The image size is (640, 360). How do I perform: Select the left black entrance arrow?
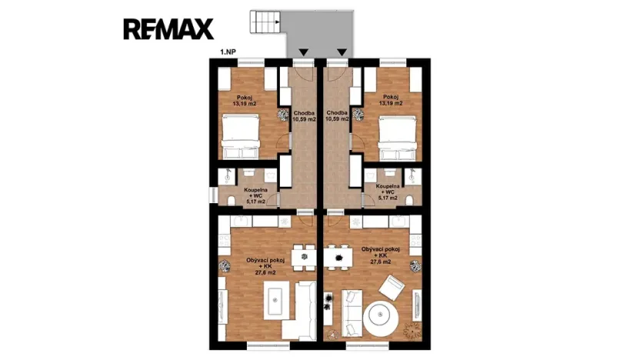(305, 53)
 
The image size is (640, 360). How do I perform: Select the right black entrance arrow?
(341, 53)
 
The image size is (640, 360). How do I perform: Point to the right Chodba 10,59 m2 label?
(335, 116)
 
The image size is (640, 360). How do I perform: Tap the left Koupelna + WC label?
(255, 192)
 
